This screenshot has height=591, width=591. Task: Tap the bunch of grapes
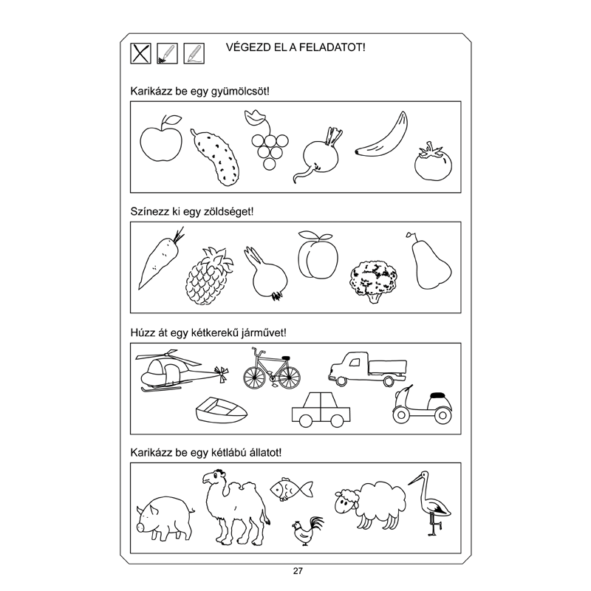[269, 141]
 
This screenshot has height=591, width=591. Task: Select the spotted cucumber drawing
[216, 158]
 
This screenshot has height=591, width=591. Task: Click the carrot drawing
[160, 260]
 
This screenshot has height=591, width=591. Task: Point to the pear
[430, 264]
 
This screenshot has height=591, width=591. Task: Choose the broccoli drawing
[374, 281]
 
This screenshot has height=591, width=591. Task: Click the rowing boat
[221, 410]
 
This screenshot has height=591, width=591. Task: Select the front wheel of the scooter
[401, 415]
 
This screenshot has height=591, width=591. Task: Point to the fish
[291, 489]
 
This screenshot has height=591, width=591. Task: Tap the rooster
[307, 531]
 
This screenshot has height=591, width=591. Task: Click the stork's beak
[415, 480]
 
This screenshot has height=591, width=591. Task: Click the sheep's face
[344, 502]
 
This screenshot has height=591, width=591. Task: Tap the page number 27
[298, 571]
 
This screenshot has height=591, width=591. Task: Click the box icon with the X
[140, 53]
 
